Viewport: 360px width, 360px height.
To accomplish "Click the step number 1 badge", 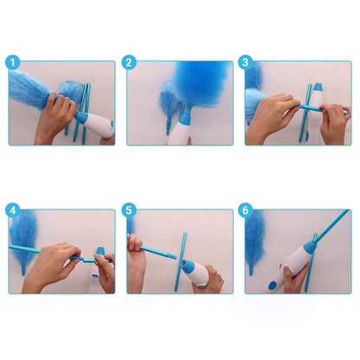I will point(12,62).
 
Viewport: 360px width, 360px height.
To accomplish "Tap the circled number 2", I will point(129,62).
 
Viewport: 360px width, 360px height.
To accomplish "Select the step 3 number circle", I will point(246,62).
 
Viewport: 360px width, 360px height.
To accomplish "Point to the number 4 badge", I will point(12,210).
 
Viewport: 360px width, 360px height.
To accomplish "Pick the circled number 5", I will point(129,210).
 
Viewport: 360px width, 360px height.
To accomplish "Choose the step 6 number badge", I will point(246,210).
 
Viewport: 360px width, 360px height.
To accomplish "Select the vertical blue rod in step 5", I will point(183,256).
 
